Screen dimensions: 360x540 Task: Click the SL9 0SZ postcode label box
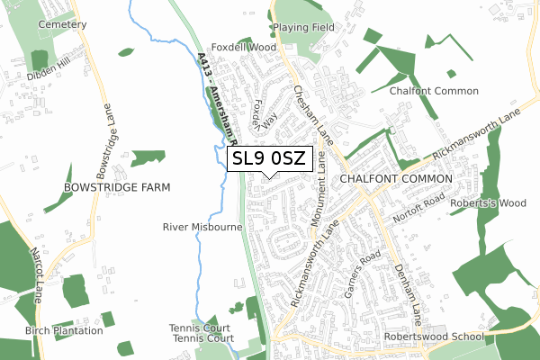[x=269, y=159]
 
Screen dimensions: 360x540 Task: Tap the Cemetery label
[x=62, y=24]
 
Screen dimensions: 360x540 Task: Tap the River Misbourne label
[x=202, y=228]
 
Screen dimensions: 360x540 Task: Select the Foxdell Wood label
[x=242, y=46]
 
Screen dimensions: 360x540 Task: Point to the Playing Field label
[x=303, y=28]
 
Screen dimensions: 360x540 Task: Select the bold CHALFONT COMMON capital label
[x=394, y=179]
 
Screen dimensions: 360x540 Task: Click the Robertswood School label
[x=433, y=337]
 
